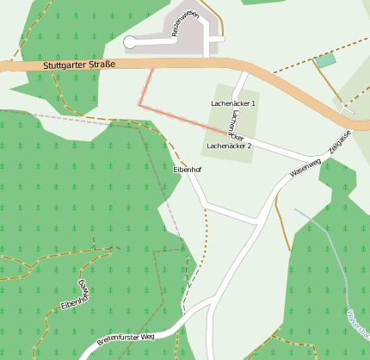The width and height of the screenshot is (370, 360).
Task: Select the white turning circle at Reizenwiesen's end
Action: (x=130, y=41)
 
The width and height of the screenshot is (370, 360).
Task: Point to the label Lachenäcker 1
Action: (x=233, y=103)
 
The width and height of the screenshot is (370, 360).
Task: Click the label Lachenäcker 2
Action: (x=229, y=146)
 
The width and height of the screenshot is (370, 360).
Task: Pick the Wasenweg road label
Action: (x=305, y=167)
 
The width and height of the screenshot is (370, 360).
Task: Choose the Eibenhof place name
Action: (x=188, y=170)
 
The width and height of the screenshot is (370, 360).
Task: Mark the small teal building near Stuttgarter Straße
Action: (x=325, y=60)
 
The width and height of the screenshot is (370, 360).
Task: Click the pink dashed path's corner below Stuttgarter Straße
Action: (x=139, y=104)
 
